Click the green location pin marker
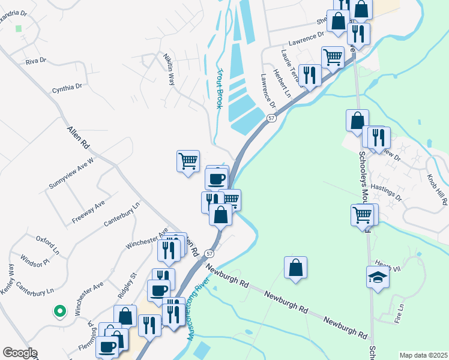(59, 311)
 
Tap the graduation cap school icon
(378, 277)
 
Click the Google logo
(20, 353)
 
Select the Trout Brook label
(219, 88)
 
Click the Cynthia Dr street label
(67, 88)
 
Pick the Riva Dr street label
(36, 61)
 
